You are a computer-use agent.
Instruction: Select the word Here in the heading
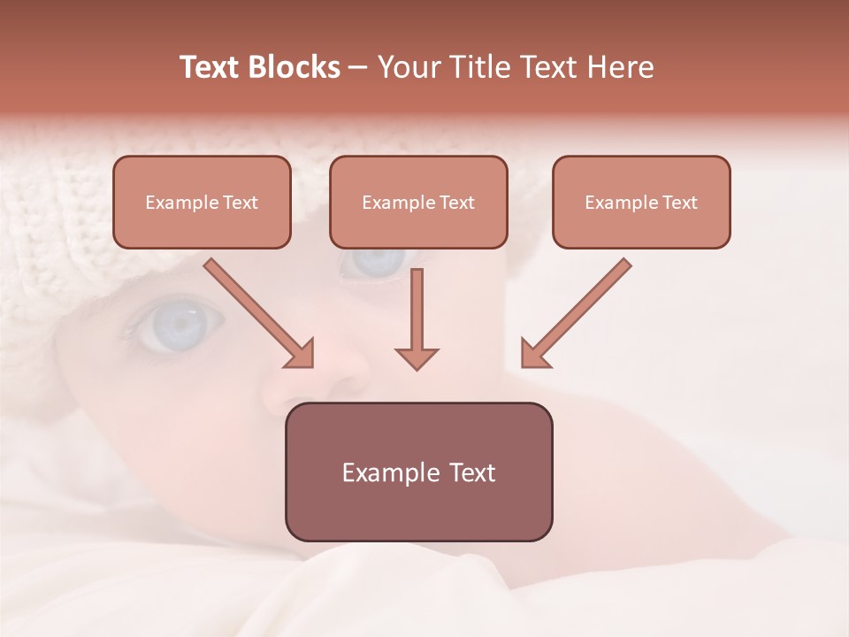[620, 67]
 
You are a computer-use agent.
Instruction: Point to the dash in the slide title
[358, 67]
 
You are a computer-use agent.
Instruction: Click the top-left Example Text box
[202, 202]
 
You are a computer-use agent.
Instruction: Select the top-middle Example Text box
[418, 202]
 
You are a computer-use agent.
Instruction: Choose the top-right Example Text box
[641, 202]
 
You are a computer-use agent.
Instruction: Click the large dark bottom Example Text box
[418, 472]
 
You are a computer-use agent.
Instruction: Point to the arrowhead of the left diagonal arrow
[301, 354]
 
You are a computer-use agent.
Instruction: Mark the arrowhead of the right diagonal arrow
[534, 354]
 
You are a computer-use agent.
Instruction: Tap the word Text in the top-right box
[679, 203]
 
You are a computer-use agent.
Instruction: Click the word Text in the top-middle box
[456, 203]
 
